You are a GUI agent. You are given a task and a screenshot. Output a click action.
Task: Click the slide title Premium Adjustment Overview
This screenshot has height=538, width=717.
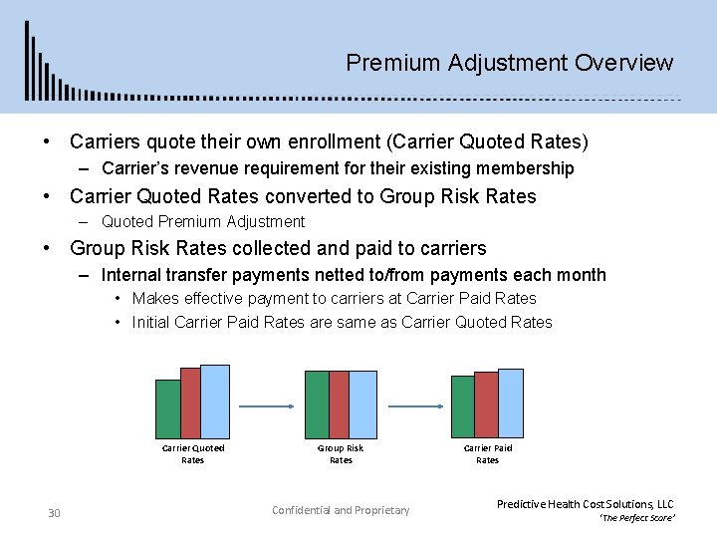(x=509, y=63)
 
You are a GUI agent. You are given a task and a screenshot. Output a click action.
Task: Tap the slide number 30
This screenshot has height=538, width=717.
(x=55, y=513)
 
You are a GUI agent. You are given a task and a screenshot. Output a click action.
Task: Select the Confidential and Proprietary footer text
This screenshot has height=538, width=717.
(x=341, y=510)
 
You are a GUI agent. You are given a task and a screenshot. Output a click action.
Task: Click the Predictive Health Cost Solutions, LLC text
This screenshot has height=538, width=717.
(x=585, y=504)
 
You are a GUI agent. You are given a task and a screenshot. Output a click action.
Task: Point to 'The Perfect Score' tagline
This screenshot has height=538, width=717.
(x=637, y=519)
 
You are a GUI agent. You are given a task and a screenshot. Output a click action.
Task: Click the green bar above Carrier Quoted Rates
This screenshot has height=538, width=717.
(x=167, y=409)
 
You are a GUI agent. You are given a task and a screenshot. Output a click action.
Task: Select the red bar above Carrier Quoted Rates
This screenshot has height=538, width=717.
(x=191, y=403)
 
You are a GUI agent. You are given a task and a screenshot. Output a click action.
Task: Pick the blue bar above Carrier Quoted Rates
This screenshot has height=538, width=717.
(x=215, y=402)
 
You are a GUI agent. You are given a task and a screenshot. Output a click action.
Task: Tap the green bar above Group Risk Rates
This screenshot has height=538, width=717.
(x=317, y=404)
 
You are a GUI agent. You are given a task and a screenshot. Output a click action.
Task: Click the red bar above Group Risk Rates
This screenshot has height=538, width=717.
(x=340, y=404)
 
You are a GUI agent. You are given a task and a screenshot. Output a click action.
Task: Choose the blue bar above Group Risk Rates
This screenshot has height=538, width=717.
(x=362, y=404)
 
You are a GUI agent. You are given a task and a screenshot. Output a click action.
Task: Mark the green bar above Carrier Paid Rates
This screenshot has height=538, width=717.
(x=462, y=406)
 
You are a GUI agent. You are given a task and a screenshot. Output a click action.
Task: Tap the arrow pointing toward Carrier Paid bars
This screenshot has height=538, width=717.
(x=413, y=405)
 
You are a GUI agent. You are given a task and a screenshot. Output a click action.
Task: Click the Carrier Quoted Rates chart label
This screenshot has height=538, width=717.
(x=193, y=453)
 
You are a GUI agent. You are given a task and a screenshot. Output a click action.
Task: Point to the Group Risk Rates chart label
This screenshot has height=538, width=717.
(x=341, y=453)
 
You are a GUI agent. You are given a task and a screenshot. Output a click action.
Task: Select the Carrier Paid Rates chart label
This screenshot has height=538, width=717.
(x=487, y=453)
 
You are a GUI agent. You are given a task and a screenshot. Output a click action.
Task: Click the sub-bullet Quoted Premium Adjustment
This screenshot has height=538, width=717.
(x=203, y=221)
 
